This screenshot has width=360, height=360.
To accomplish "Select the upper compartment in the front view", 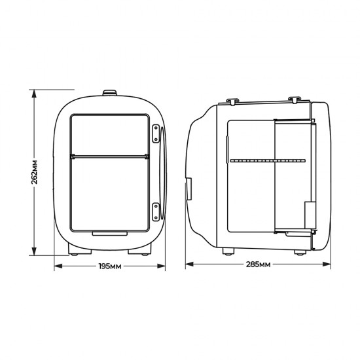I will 109,134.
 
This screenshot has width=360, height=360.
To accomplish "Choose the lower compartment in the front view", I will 109,193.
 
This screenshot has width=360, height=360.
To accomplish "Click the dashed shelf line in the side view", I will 268,160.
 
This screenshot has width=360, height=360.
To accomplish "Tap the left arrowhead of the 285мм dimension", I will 189,265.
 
